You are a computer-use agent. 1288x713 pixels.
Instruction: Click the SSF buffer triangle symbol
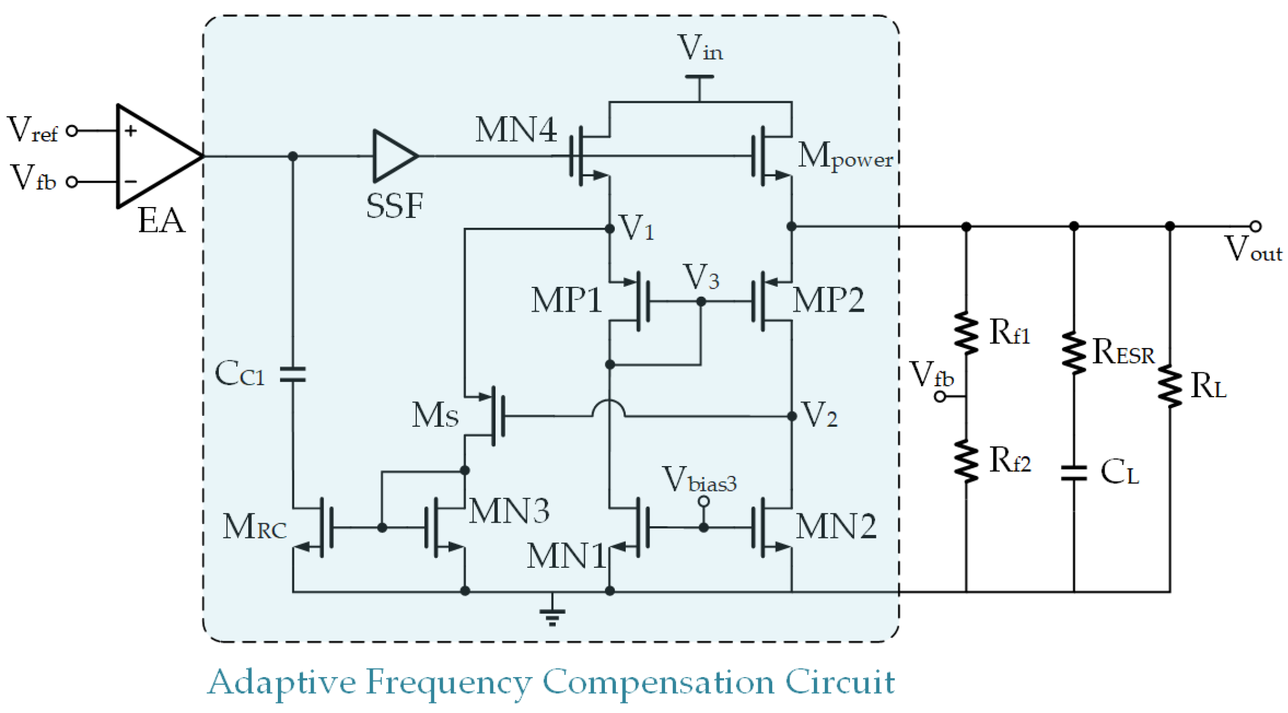392,156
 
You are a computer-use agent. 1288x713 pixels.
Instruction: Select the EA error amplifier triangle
153,156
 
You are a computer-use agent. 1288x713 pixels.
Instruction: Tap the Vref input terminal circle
72,131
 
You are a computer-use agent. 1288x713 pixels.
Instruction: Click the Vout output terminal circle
1255,226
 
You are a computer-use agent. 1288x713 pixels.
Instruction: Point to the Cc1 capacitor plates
293,374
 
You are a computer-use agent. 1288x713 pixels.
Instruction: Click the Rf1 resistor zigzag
966,333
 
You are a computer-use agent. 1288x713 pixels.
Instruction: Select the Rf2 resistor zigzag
966,461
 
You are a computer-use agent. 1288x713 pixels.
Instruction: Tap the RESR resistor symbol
1074,352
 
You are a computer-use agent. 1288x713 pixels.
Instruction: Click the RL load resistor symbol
1170,386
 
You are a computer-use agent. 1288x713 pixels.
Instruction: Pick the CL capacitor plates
1074,473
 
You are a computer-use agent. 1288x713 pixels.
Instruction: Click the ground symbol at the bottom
552,616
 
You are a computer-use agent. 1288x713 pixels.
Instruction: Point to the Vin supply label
700,49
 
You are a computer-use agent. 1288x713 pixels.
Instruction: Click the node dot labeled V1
610,229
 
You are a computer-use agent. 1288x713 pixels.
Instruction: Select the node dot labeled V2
792,416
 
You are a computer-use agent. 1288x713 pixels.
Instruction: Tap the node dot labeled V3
701,301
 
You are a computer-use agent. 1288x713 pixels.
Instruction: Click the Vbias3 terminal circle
703,501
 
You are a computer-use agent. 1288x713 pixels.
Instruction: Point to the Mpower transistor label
845,156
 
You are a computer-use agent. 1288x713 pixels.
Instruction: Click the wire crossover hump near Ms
608,408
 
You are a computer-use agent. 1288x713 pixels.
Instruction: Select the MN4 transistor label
516,130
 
